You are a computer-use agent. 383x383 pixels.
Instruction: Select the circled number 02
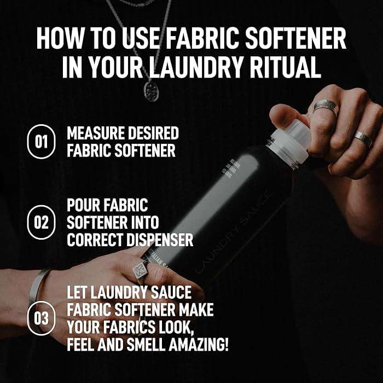point(41,223)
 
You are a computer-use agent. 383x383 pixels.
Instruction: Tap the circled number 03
point(41,317)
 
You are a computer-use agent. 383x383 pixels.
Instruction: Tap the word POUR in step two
point(84,206)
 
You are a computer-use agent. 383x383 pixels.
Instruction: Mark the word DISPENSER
point(164,240)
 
